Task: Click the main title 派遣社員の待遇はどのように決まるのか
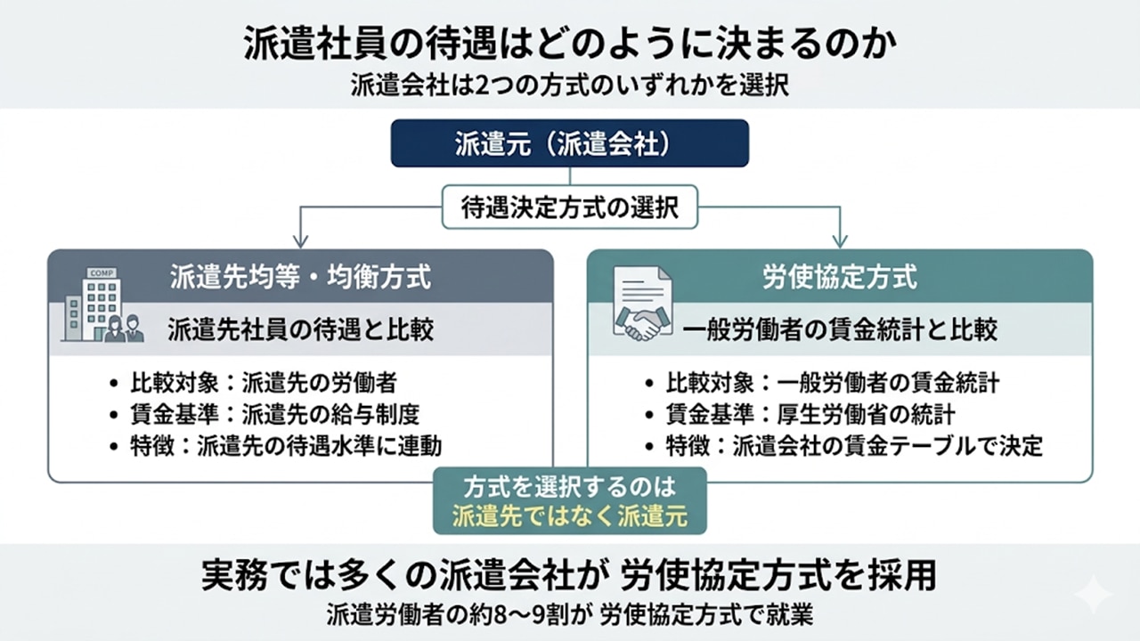tap(569, 43)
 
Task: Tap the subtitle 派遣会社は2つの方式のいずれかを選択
tap(569, 86)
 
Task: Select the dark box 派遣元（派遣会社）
tap(569, 143)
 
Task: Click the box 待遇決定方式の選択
tap(570, 208)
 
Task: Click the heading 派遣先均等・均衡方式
tap(300, 277)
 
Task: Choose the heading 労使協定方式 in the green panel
tap(839, 277)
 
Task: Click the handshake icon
tap(643, 307)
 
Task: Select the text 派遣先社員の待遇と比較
tap(300, 330)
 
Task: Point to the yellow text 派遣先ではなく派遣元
tap(569, 516)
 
